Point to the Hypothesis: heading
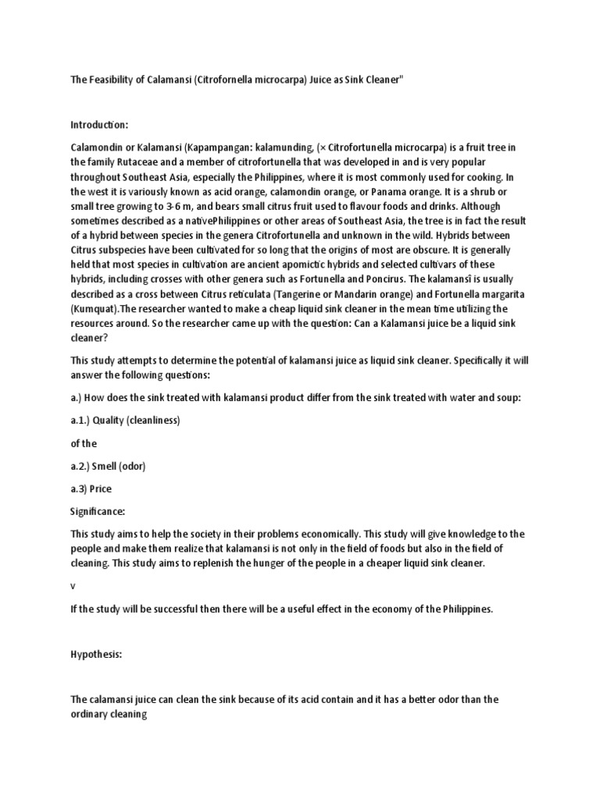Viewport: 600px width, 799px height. (x=97, y=655)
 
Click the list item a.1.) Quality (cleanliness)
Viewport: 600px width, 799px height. (x=126, y=421)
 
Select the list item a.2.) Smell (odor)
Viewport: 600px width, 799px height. (x=109, y=467)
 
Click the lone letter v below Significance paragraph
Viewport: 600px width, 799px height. (x=73, y=587)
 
